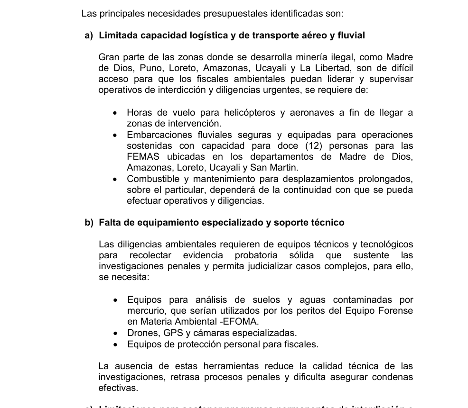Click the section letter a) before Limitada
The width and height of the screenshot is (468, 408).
point(89,36)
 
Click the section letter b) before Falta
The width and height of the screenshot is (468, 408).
point(89,223)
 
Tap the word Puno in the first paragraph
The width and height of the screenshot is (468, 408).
point(153,68)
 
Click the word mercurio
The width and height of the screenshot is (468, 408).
point(145,311)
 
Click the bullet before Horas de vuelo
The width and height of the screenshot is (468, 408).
point(115,113)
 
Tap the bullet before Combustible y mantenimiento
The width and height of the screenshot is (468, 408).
point(115,180)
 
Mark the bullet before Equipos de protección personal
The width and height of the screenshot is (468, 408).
point(115,345)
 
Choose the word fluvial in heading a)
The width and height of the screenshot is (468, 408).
point(350,36)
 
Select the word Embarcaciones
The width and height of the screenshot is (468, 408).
point(159,135)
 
